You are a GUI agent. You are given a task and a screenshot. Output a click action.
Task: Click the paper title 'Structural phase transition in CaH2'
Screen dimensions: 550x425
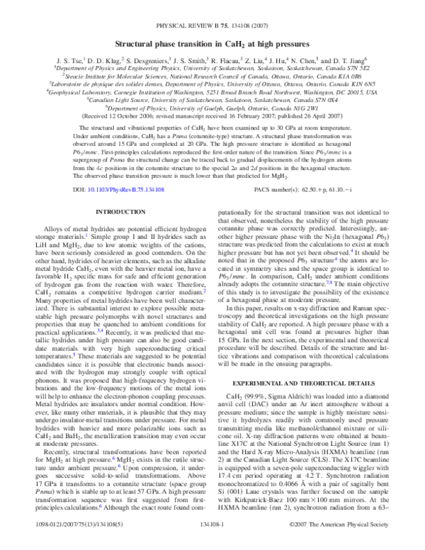click(x=212, y=43)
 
